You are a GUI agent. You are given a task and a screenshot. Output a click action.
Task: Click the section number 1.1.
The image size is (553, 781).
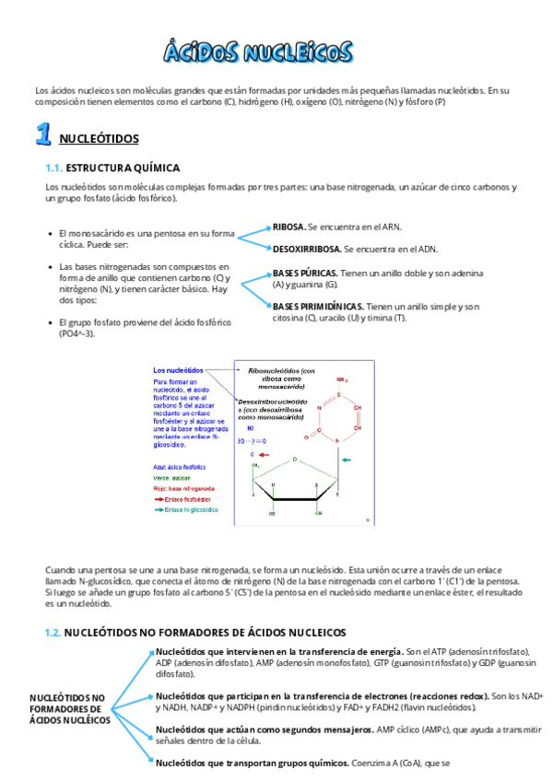tap(53, 168)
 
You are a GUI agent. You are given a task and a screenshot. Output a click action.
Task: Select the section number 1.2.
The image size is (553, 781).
tap(53, 633)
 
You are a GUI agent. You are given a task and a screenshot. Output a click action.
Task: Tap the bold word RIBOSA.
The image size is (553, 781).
tap(288, 226)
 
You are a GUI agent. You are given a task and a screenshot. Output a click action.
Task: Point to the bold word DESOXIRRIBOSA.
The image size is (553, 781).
tap(307, 249)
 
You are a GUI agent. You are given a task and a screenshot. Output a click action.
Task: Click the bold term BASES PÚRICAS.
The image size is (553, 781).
tap(305, 274)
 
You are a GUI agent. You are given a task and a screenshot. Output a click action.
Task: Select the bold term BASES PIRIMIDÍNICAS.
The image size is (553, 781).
tap(318, 306)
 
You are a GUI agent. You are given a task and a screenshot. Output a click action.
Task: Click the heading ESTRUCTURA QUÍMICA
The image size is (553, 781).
tap(123, 168)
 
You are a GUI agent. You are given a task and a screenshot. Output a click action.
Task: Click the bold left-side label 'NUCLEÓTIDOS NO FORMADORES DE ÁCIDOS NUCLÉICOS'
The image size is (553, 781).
tap(68, 709)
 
